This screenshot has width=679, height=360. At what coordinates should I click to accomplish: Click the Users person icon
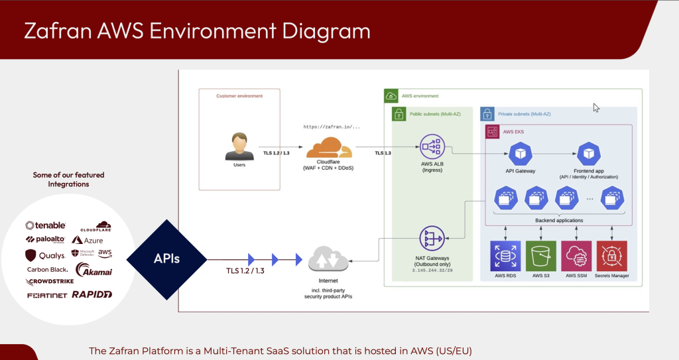pos(239,145)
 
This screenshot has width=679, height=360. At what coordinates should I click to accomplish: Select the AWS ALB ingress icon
pos(432,147)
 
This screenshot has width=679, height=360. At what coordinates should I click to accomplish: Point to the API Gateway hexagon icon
pos(521,154)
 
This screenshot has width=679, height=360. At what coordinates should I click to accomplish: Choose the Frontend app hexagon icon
pos(588,154)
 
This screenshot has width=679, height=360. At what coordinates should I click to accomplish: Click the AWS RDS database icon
pos(505,255)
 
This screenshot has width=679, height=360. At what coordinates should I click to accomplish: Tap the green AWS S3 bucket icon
pos(540,255)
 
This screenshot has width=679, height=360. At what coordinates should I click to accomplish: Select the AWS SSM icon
pos(576,255)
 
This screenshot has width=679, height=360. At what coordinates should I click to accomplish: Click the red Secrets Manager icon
pos(611,255)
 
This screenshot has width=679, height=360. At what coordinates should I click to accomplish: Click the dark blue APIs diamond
pos(166,259)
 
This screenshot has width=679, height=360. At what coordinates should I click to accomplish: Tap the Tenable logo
pos(45,226)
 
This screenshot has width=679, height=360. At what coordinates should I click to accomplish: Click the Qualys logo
pos(45,255)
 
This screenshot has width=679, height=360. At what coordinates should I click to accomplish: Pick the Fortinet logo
pos(47,296)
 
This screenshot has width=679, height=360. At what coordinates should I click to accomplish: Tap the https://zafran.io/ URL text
pos(332,126)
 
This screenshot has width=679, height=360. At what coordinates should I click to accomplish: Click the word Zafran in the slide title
pos(54,31)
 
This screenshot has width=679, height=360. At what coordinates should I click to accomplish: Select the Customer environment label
pos(239,96)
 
